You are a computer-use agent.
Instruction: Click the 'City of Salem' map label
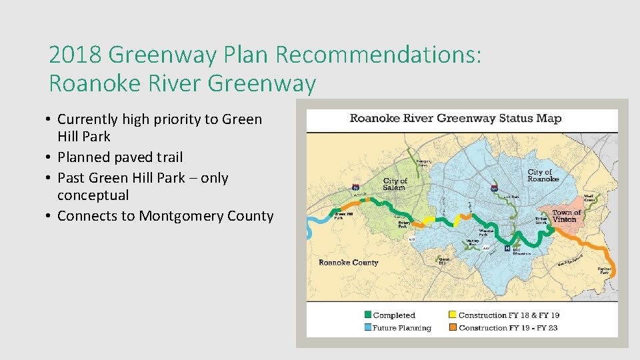pos(395,183)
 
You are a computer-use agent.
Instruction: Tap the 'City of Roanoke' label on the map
pos(543,175)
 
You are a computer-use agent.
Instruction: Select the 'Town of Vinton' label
pos(567,215)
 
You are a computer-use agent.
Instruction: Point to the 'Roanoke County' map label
pos(348,263)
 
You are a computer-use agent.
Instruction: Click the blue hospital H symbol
pos(507,249)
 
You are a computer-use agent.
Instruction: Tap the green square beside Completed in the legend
pos(367,315)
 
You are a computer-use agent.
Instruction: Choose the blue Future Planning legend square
pos(367,327)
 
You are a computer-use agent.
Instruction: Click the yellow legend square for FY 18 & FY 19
pos(453,315)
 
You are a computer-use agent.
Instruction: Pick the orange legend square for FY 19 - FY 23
pos(453,327)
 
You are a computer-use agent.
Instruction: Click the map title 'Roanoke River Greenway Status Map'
pos(455,119)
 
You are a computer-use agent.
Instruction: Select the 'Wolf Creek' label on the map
pos(589,197)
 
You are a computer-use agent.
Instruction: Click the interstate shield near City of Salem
pos(357,189)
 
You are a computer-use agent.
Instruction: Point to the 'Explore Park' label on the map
pos(604,270)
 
